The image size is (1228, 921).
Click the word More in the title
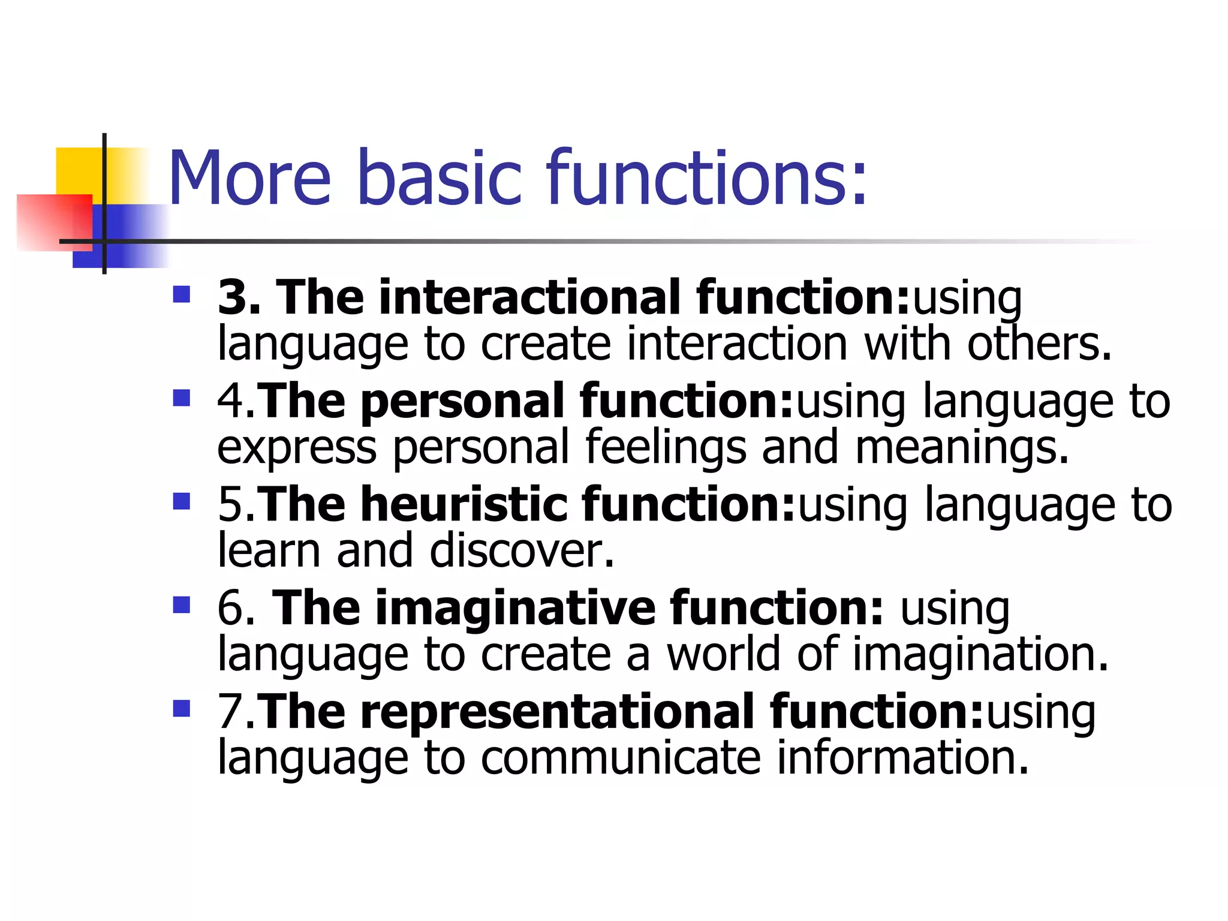249,178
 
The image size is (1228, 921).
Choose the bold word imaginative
516,608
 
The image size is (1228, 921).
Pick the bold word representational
558,712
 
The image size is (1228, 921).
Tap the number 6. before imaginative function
237,608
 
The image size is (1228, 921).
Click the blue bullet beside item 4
181,398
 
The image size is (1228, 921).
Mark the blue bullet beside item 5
181,501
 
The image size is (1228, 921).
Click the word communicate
621,758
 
